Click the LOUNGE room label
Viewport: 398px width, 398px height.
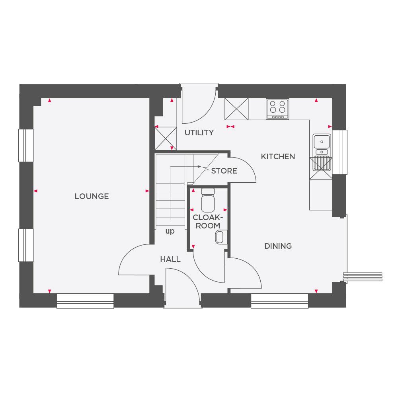92,196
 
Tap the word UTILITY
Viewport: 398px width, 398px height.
199,133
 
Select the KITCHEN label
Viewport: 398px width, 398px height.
278,156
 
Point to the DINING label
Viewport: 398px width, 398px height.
278,246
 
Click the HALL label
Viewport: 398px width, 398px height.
170,259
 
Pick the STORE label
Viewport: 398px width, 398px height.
224,171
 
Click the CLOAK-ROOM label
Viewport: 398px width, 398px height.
207,222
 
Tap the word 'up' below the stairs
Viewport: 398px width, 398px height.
170,231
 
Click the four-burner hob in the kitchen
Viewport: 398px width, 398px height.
277,108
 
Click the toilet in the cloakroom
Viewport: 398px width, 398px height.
207,201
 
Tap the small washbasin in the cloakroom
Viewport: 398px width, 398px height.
220,238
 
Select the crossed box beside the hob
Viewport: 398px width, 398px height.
237,109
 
